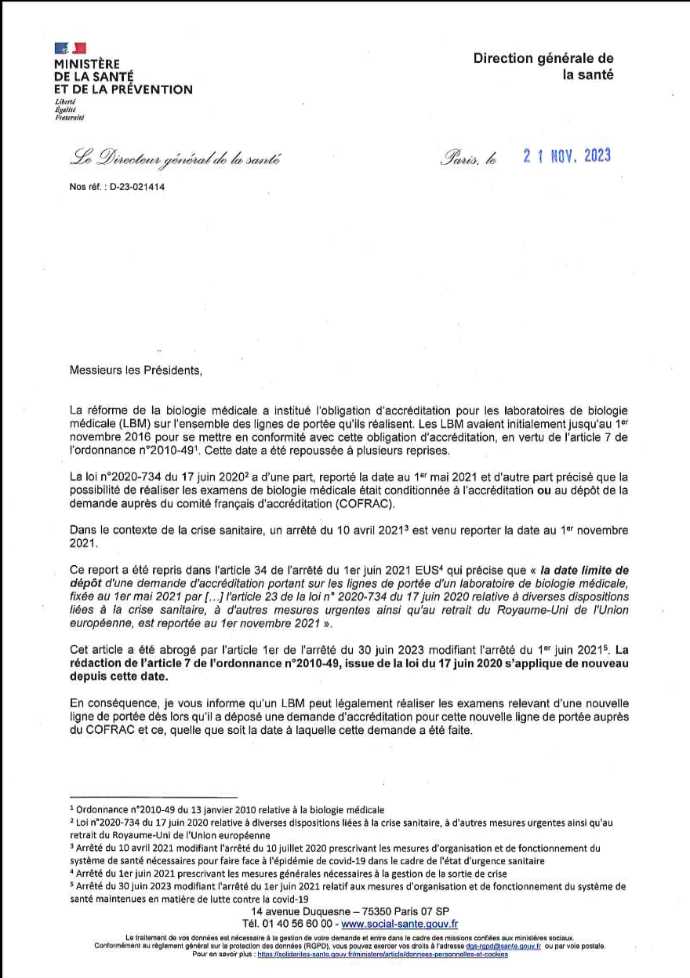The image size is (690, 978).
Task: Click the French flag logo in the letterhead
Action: [70, 49]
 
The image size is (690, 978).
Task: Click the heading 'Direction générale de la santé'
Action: [543, 66]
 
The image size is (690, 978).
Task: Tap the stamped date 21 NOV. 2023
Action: [567, 155]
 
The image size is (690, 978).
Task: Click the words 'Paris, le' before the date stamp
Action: [469, 158]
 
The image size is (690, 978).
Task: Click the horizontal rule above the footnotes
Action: [154, 797]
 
